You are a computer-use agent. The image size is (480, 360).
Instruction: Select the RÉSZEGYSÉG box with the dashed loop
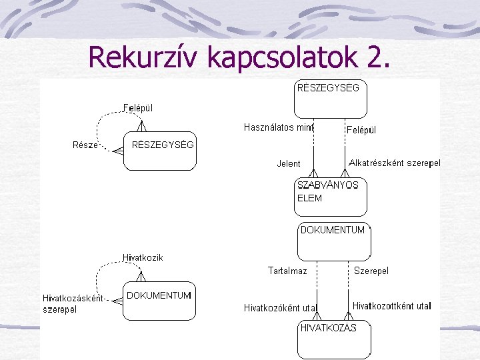(x=160, y=151)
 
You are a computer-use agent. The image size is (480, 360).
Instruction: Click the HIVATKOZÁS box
(x=333, y=339)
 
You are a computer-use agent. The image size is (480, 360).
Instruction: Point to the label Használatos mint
(x=279, y=127)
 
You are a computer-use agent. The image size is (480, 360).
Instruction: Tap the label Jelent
(x=289, y=163)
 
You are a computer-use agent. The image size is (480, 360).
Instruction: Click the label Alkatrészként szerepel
(x=395, y=163)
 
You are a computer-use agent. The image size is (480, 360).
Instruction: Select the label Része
(x=85, y=145)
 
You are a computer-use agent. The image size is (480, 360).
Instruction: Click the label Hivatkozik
(x=143, y=257)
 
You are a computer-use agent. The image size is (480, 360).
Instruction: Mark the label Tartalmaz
(x=287, y=271)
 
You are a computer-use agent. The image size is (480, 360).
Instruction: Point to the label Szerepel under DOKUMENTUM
(x=371, y=271)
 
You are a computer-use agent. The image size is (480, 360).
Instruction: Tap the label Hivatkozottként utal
(x=391, y=306)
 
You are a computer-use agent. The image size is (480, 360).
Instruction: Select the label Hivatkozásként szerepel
(x=72, y=303)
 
